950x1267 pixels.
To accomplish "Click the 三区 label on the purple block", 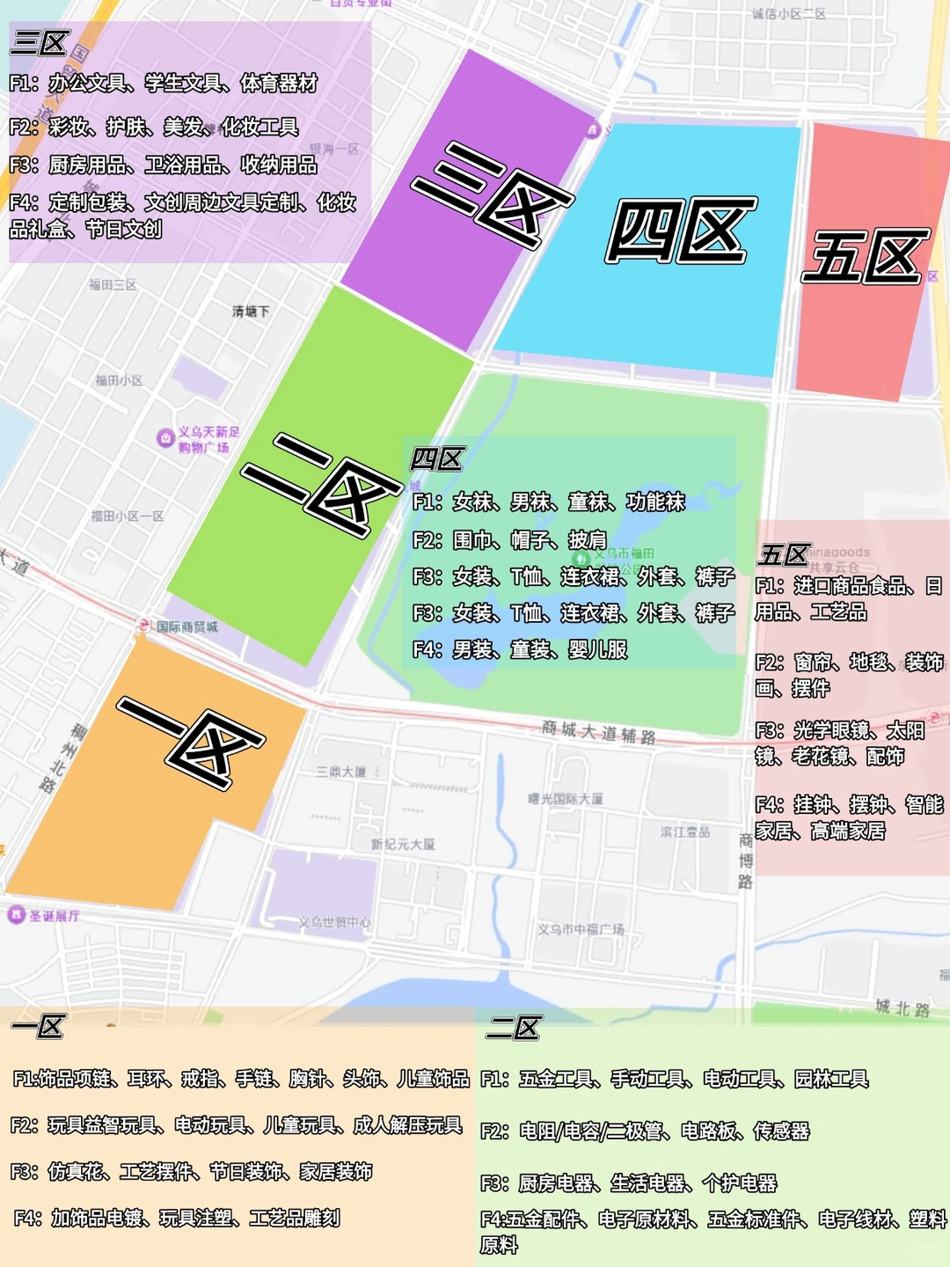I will [491, 195].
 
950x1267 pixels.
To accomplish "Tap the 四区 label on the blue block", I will [680, 231].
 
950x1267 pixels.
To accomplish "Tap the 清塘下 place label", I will [251, 311].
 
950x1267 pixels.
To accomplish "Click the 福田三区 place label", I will [113, 285].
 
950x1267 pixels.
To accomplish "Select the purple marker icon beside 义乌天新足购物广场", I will [165, 438].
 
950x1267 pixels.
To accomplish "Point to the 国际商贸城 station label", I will [186, 626].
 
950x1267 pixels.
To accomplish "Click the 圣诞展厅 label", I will [55, 916].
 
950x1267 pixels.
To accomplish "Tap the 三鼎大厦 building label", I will [341, 772].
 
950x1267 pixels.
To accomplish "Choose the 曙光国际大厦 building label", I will [566, 799].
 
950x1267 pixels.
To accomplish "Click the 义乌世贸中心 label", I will [334, 922].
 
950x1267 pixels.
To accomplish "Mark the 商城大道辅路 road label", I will [598, 731].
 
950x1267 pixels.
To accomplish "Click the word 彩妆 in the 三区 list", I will [68, 127].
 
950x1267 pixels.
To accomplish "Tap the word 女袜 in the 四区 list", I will [472, 502].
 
